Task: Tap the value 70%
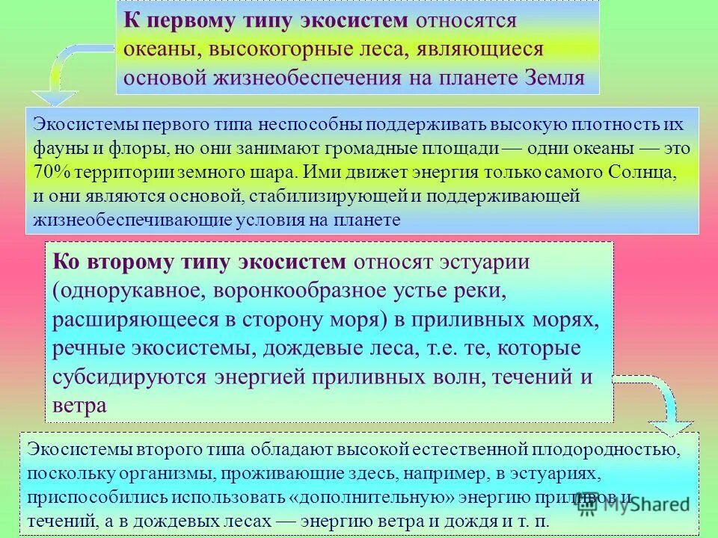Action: (x=49, y=172)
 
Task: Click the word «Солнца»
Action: (x=645, y=172)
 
